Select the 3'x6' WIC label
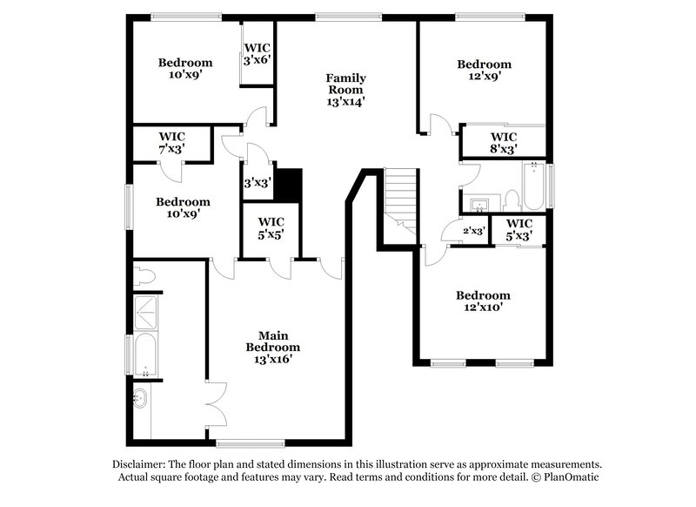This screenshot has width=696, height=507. pos(258,53)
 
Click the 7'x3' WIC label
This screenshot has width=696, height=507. pos(171,143)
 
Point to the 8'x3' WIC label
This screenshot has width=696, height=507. pos(504,143)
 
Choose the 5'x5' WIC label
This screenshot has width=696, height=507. pos(271,227)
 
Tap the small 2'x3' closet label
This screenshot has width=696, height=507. pos(473,231)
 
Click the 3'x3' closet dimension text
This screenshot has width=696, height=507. pos(257,183)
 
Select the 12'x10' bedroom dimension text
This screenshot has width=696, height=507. pos(484,308)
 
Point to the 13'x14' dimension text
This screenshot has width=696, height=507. pos(345,101)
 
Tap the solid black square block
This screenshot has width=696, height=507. pos(288,185)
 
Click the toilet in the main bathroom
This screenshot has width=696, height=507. pos(144,277)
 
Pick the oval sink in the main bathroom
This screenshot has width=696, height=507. pos(140,398)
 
